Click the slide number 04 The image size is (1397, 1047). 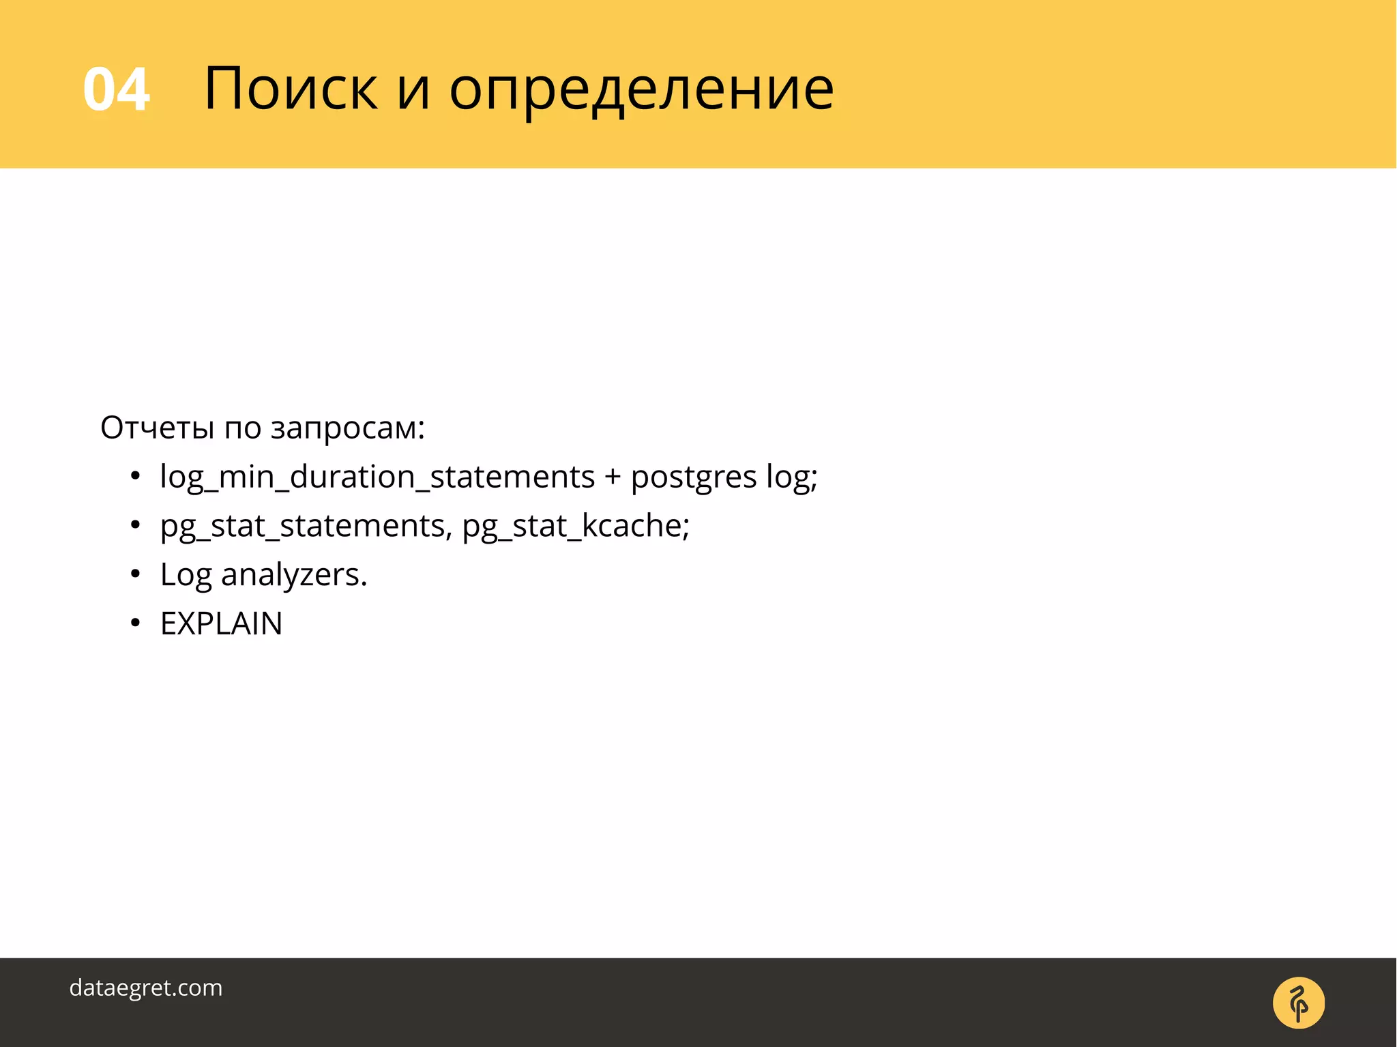(116, 89)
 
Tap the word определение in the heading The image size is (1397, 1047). (641, 89)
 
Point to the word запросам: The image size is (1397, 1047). (348, 429)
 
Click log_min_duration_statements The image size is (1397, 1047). (377, 477)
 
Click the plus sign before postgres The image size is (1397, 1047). (612, 477)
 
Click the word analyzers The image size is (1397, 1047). (294, 575)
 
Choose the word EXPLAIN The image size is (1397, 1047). (221, 623)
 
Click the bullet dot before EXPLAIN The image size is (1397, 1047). (136, 623)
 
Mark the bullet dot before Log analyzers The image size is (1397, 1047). (136, 574)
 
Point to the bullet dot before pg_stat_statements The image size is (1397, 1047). (136, 525)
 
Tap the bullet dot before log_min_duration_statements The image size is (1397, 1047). (136, 476)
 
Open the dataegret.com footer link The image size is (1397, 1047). (146, 988)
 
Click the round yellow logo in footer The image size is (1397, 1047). (1298, 1003)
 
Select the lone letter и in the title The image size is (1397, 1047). (413, 89)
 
